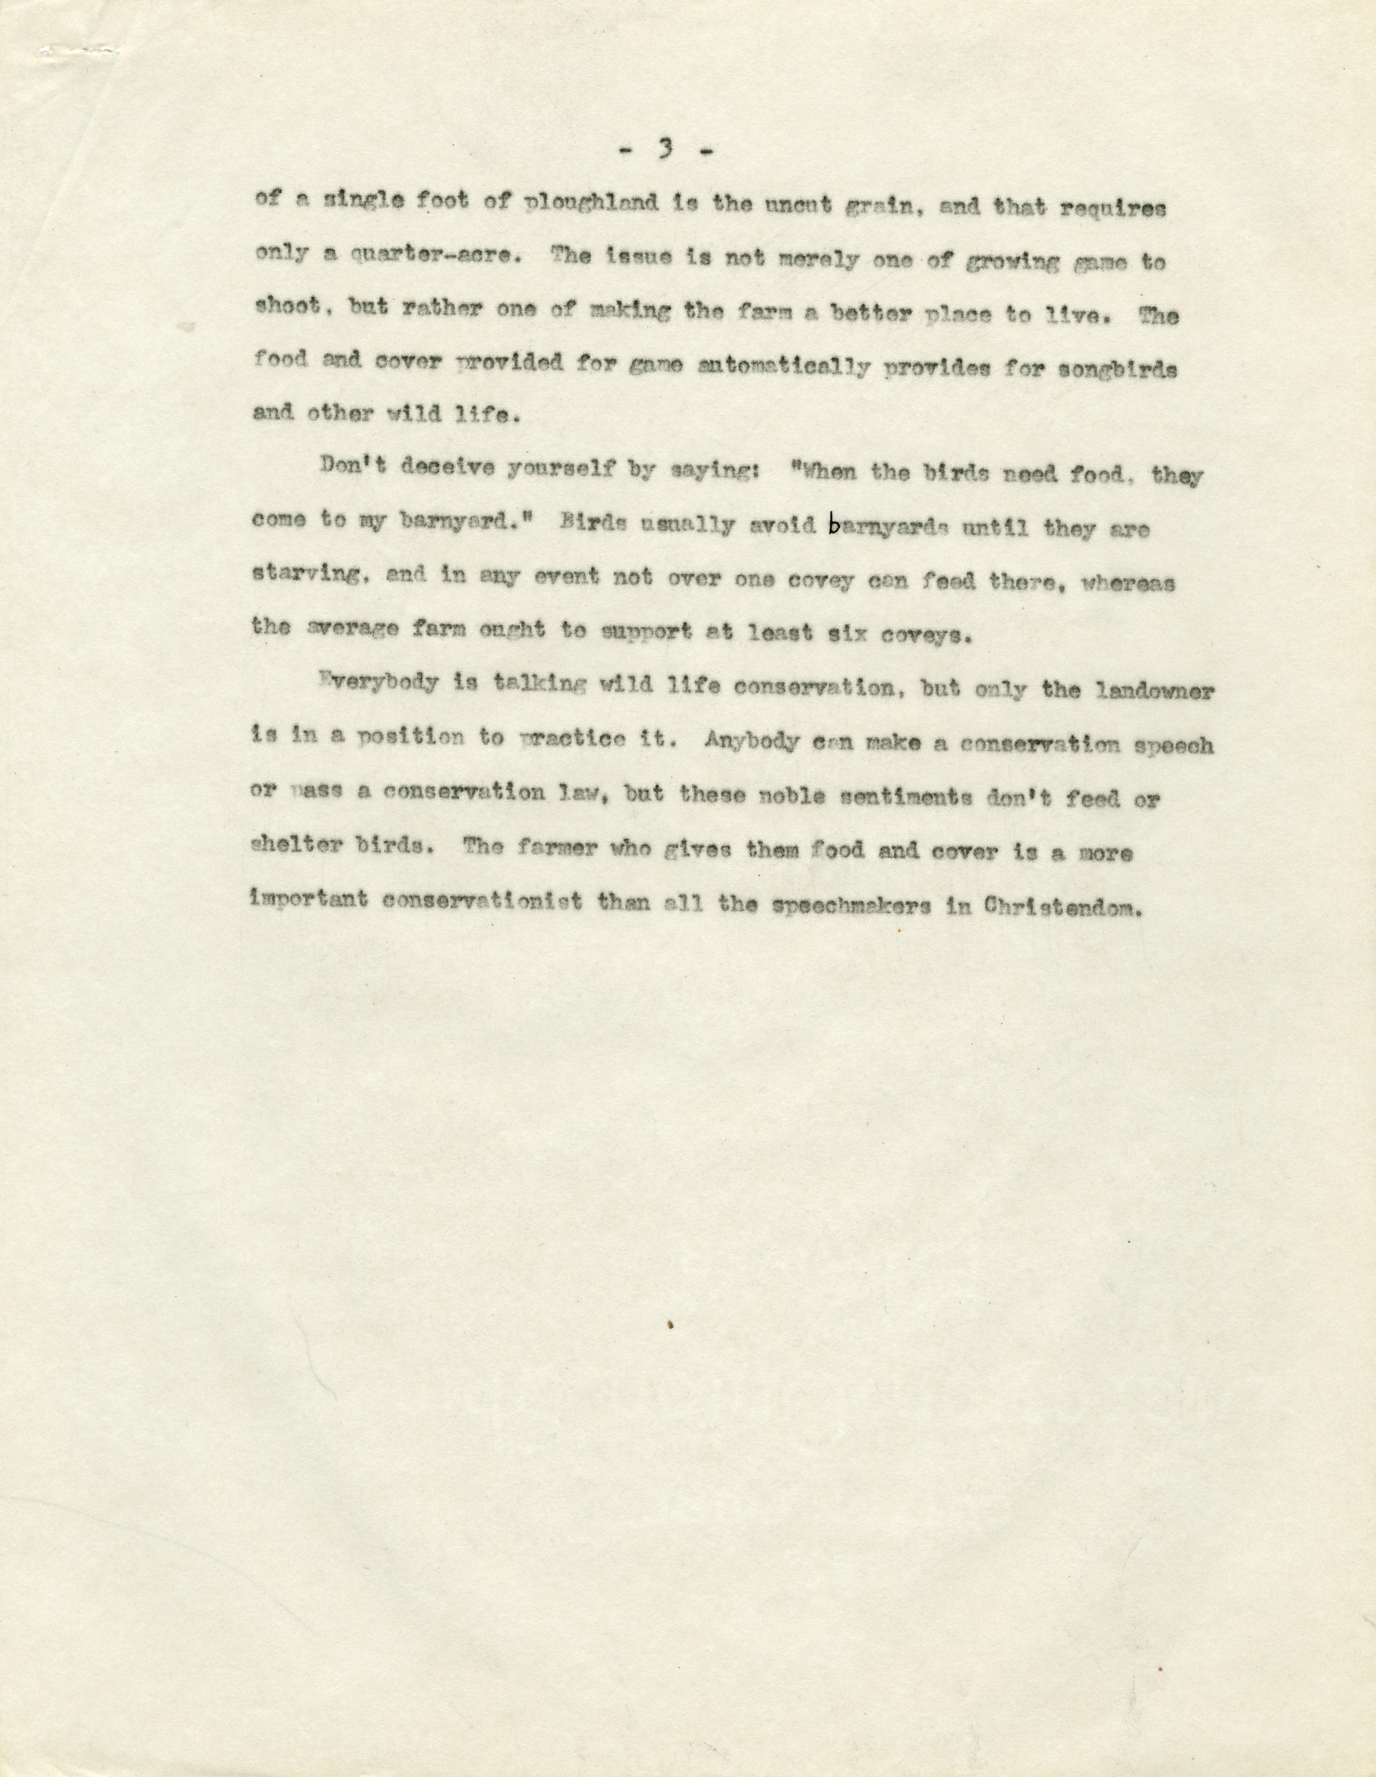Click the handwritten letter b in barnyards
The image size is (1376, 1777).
(833, 526)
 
